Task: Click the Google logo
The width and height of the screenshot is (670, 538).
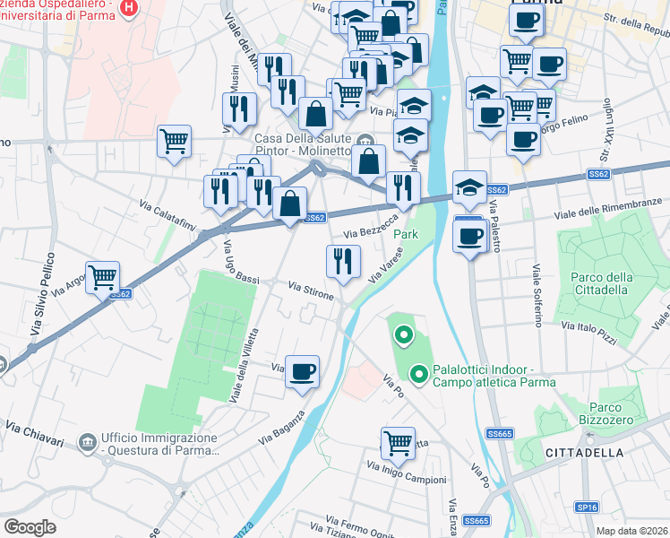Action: [x=30, y=527]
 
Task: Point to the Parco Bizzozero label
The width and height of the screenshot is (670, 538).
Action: [x=619, y=413]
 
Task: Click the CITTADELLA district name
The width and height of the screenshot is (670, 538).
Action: [x=584, y=453]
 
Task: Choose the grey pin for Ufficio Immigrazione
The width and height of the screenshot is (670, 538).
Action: [x=88, y=442]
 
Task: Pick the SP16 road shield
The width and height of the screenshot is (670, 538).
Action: [x=587, y=508]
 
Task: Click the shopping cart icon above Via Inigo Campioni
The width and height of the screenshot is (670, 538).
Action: [x=397, y=441]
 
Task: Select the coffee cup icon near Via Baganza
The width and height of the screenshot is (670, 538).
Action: [x=303, y=369]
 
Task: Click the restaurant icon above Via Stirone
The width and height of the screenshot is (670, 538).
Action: [x=342, y=260]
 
